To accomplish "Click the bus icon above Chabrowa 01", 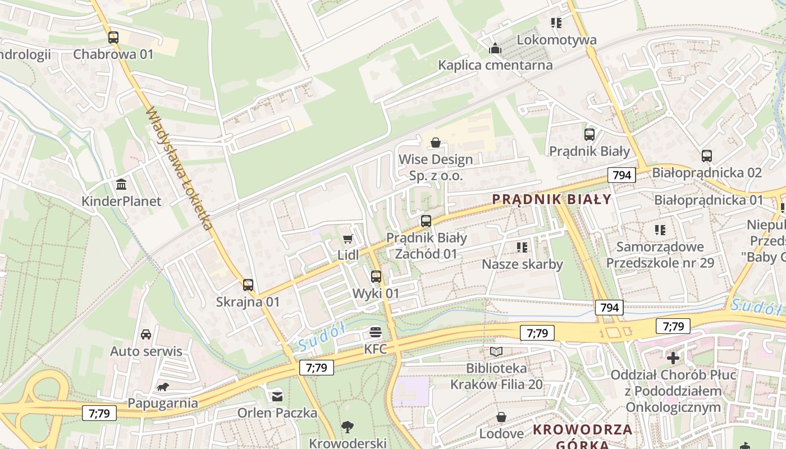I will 113,38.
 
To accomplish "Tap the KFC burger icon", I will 376,332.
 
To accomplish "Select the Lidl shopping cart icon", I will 348,240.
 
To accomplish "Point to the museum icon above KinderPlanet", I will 121,185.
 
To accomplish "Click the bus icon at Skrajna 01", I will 248,285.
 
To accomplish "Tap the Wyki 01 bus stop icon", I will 376,276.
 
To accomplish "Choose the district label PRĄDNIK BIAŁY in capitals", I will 551,199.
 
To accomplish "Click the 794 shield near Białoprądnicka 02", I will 622,175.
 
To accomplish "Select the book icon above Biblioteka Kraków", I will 497,352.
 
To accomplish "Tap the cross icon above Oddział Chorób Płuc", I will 673,358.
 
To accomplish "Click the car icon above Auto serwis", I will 146,335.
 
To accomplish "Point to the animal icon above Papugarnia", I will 163,387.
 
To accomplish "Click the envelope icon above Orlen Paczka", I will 277,396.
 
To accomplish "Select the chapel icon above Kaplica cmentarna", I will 495,49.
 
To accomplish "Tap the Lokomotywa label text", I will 556,40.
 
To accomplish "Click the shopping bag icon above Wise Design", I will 435,143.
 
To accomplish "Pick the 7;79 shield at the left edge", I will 99,414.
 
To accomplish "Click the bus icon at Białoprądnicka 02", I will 707,156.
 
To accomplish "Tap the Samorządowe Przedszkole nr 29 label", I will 660,254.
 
